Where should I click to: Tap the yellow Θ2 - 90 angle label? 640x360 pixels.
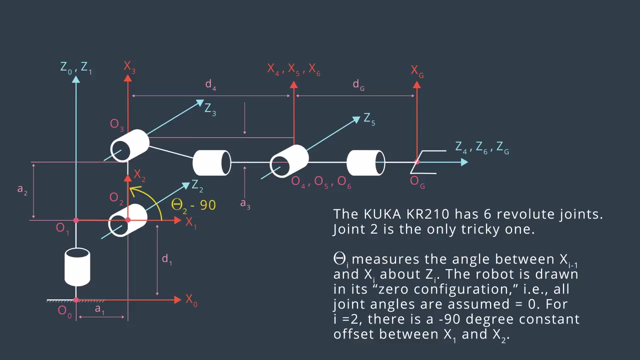click(193, 204)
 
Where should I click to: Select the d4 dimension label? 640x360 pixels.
click(211, 85)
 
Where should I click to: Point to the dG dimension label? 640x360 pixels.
click(358, 85)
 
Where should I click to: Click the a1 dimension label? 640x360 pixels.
click(100, 311)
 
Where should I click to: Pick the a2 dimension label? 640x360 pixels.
click(22, 190)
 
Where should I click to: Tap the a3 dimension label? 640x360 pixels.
click(245, 204)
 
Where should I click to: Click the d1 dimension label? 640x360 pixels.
click(166, 259)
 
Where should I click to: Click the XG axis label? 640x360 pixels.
click(417, 71)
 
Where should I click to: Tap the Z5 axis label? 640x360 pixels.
click(369, 119)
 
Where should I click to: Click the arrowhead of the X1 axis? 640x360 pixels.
click(177, 220)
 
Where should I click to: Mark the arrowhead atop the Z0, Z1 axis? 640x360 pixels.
click(76, 79)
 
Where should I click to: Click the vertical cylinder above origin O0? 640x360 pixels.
click(77, 267)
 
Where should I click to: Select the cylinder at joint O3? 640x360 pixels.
click(129, 146)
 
